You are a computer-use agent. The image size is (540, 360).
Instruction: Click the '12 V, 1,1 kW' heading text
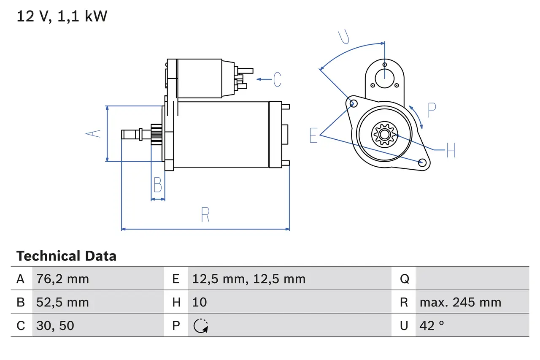point(62,16)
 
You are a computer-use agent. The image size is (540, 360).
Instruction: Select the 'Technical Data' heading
point(66,256)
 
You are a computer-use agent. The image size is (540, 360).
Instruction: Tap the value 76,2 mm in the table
point(62,279)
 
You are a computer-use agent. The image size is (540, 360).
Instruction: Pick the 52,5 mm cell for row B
point(62,302)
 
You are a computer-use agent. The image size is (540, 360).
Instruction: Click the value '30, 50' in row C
point(55,325)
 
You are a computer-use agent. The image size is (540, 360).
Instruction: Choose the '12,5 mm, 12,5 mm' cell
point(248,279)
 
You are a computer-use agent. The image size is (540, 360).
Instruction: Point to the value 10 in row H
point(200,302)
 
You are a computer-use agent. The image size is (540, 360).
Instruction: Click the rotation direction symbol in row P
point(200,326)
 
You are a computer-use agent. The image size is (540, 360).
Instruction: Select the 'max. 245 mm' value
point(460,302)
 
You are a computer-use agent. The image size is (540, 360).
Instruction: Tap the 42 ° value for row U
point(432,325)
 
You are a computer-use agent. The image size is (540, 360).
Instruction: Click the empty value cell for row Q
point(472,279)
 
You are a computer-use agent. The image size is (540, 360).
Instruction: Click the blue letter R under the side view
point(205,215)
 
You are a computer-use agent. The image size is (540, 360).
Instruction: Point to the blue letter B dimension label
point(157,185)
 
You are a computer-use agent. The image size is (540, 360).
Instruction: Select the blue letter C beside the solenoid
point(277,79)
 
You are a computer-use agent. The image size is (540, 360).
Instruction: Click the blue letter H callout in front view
point(451,150)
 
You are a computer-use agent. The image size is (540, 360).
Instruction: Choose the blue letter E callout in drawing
point(313,135)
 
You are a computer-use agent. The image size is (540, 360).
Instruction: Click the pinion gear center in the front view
point(384,135)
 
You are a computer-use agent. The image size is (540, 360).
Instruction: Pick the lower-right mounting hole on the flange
point(421,162)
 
